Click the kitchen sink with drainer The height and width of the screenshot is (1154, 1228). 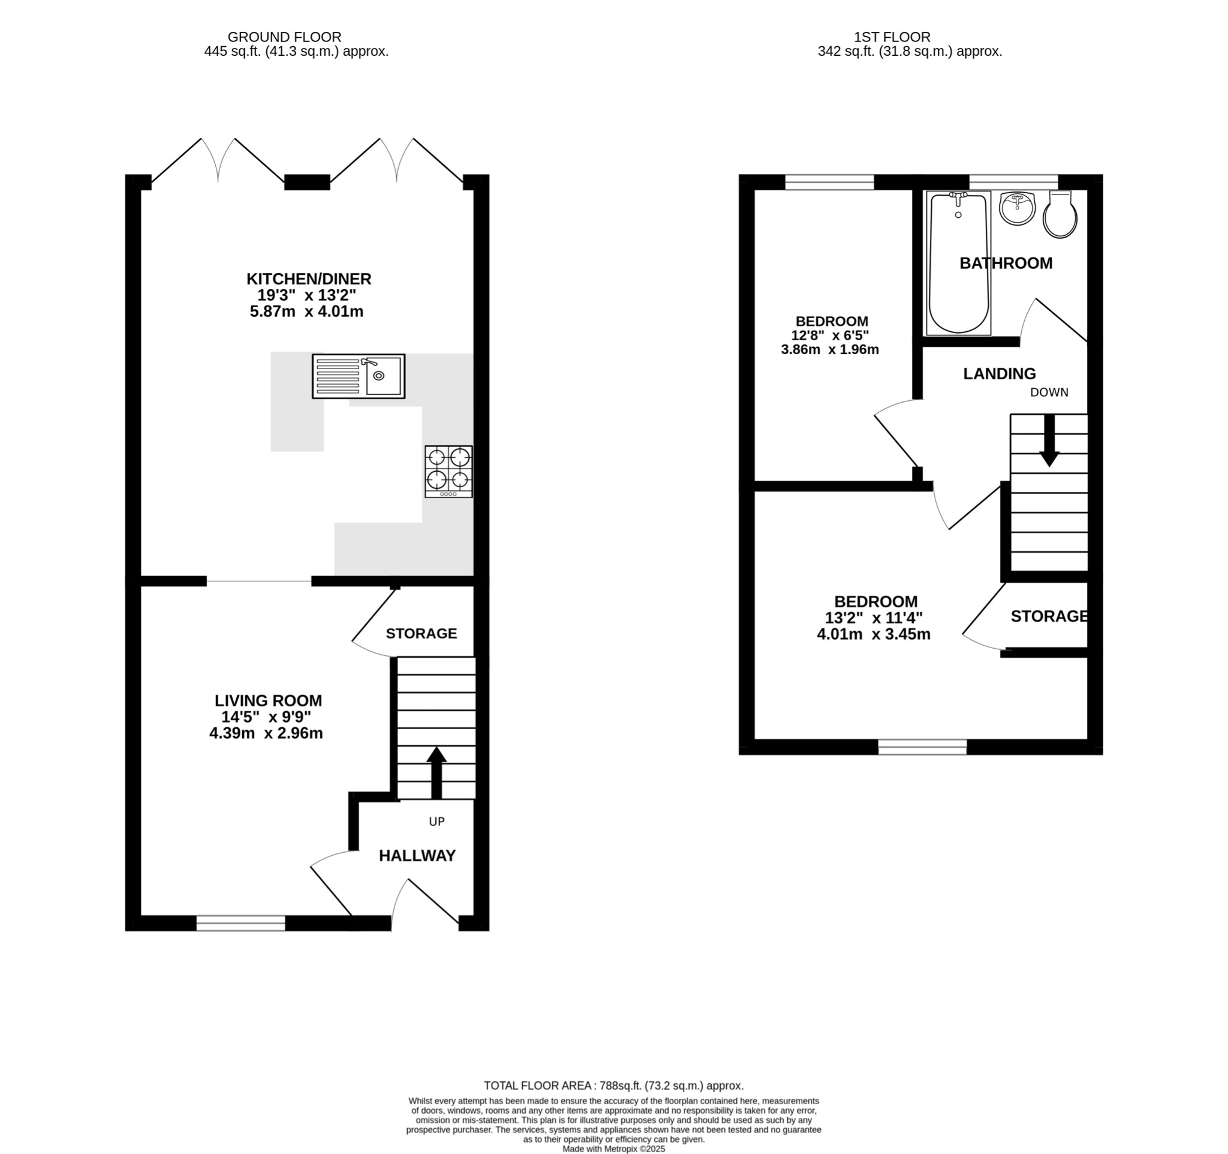[359, 376]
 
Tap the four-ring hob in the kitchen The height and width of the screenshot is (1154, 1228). [449, 472]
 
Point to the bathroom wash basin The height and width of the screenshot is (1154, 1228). [1017, 208]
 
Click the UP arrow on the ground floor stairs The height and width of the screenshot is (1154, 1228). [436, 772]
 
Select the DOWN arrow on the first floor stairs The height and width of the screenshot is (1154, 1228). [1049, 440]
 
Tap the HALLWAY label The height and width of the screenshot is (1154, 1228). [417, 856]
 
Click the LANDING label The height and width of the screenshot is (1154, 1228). [1000, 373]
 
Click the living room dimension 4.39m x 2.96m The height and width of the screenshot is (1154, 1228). [266, 734]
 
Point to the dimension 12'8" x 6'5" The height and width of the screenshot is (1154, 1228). [830, 335]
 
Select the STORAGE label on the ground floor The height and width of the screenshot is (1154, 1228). [422, 633]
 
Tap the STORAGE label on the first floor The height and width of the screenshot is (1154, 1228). [1049, 616]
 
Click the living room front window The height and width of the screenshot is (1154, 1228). [241, 924]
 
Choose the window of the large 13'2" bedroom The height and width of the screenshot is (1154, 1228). [922, 747]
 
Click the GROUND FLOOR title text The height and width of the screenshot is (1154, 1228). [284, 37]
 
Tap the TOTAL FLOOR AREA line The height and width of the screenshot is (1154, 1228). [613, 1086]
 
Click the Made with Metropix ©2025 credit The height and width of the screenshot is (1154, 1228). [613, 1149]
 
